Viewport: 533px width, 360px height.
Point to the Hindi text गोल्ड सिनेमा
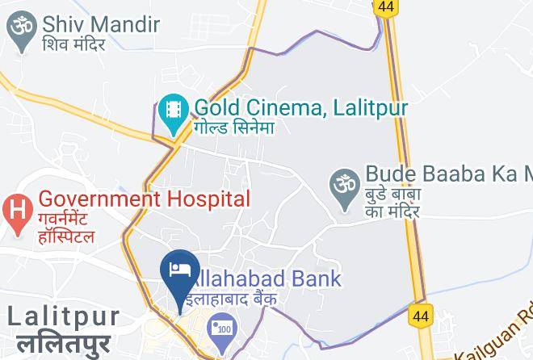[x=234, y=128]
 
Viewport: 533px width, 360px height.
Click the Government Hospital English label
[x=144, y=198]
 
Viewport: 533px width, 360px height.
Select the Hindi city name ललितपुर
[x=61, y=343]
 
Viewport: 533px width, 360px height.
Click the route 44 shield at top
[x=384, y=6]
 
